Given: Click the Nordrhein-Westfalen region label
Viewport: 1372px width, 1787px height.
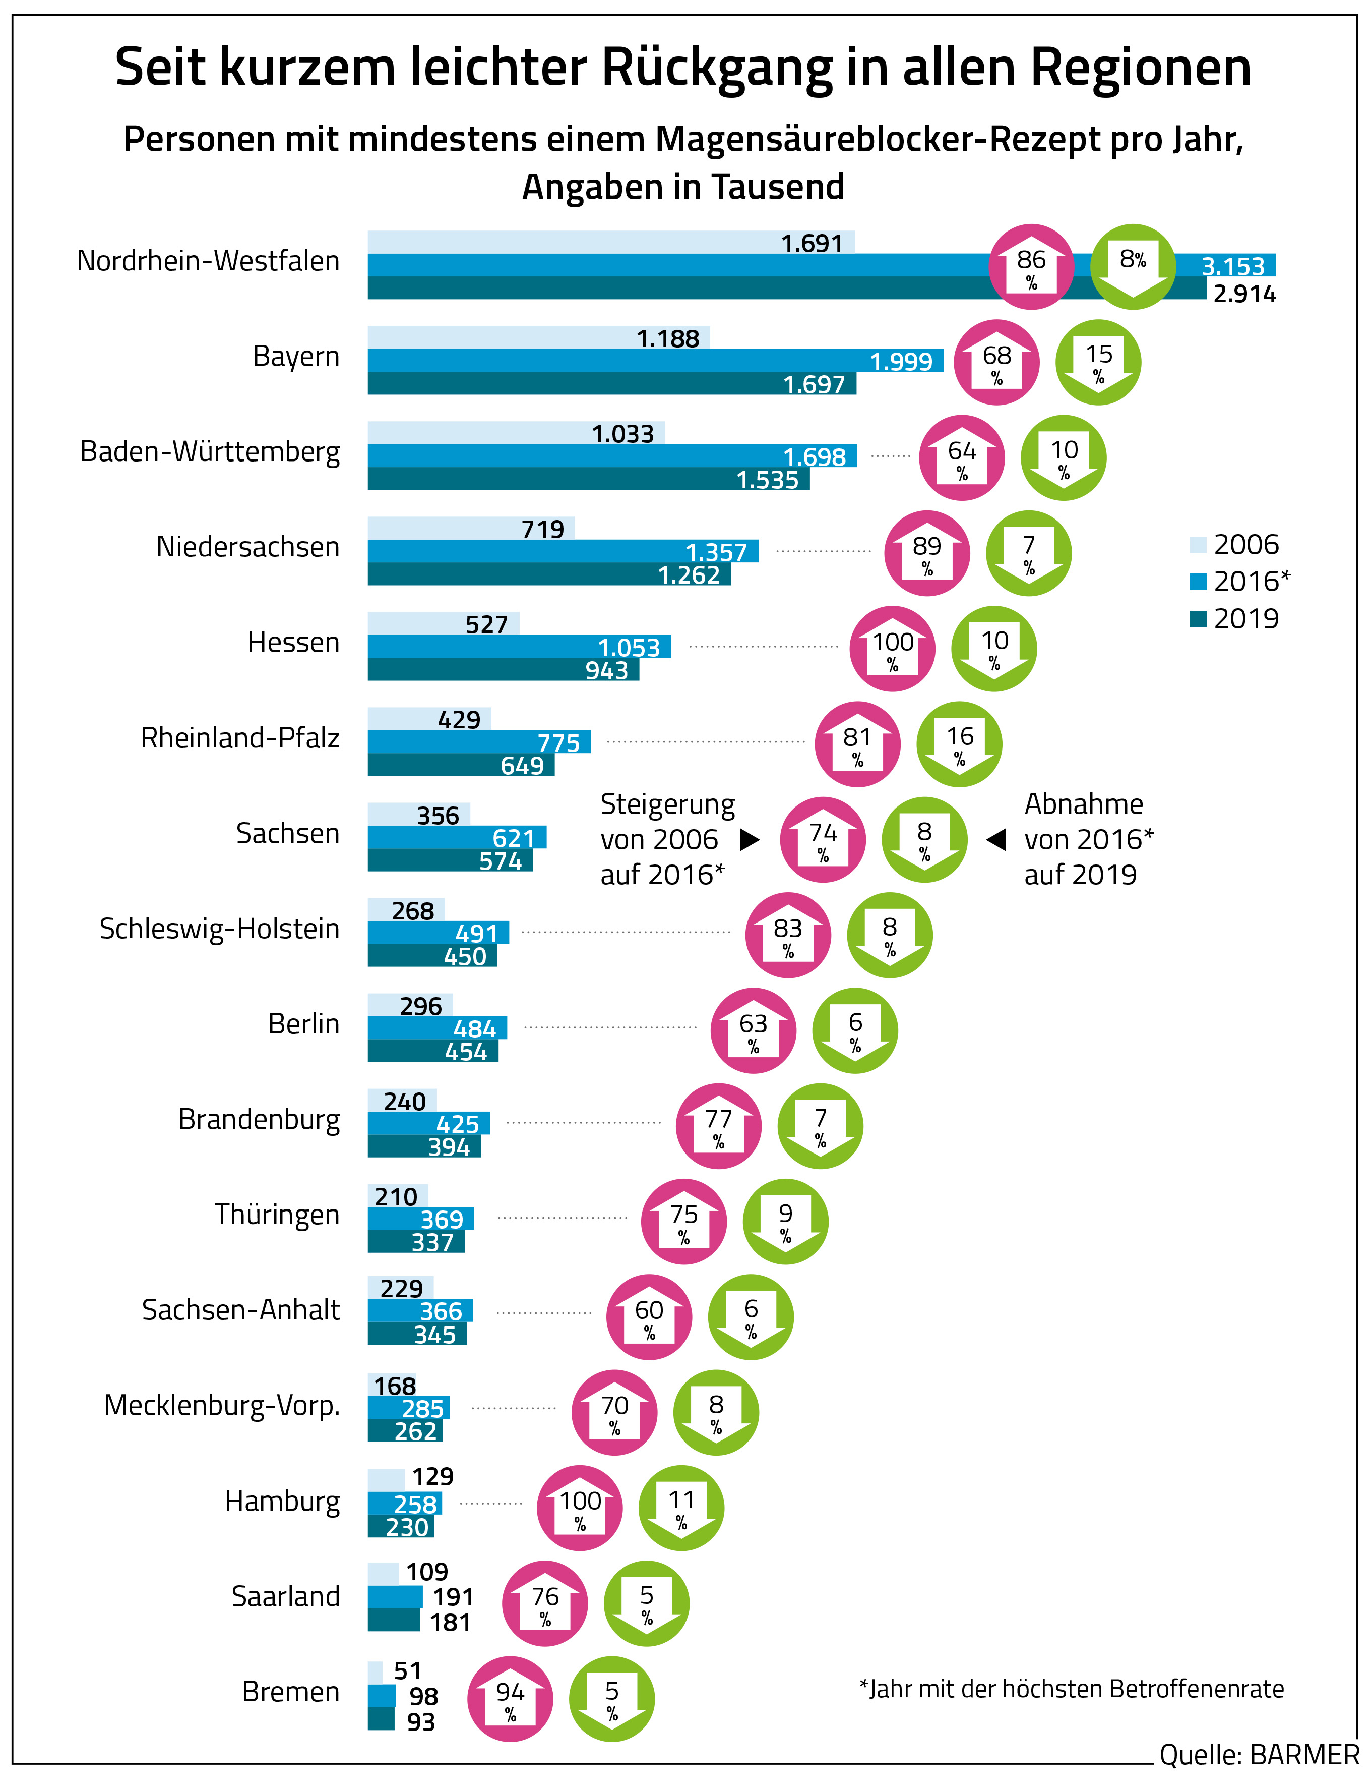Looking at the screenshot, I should (x=208, y=261).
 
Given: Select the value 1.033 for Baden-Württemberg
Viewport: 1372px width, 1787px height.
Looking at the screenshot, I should (x=622, y=434).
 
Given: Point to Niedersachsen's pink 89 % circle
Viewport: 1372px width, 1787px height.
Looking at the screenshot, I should (x=927, y=553).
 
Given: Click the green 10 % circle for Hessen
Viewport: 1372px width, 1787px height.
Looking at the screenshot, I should (x=994, y=649).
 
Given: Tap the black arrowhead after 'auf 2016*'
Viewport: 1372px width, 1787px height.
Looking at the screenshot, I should (x=749, y=840).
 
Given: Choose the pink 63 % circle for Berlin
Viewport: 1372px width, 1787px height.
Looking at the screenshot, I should (x=753, y=1031).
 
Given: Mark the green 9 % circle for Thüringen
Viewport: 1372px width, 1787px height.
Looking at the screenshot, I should (x=785, y=1222).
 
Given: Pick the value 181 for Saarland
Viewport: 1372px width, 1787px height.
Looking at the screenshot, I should (x=450, y=1622).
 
